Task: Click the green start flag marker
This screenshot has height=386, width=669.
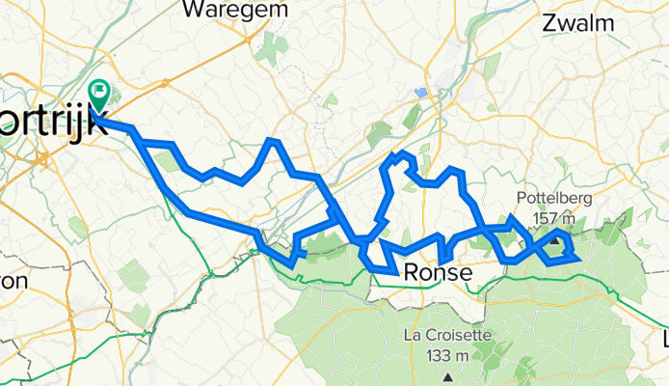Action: tap(99, 94)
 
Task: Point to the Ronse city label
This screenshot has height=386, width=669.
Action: tap(439, 273)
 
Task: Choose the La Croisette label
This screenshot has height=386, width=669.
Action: tap(447, 336)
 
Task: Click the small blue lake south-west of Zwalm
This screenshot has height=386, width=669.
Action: tap(420, 93)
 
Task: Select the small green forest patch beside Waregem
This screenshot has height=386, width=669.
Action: tap(271, 46)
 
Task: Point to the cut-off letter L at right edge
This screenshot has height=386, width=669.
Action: tap(664, 340)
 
